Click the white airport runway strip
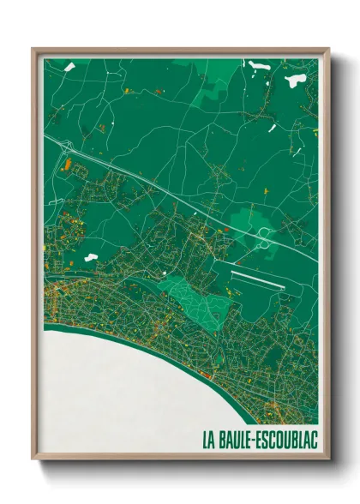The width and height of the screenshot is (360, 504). point(257,279)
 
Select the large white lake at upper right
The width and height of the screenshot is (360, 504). point(296,80)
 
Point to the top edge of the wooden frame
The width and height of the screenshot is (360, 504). point(180,51)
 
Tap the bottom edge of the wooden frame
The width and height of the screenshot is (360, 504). point(180,460)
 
